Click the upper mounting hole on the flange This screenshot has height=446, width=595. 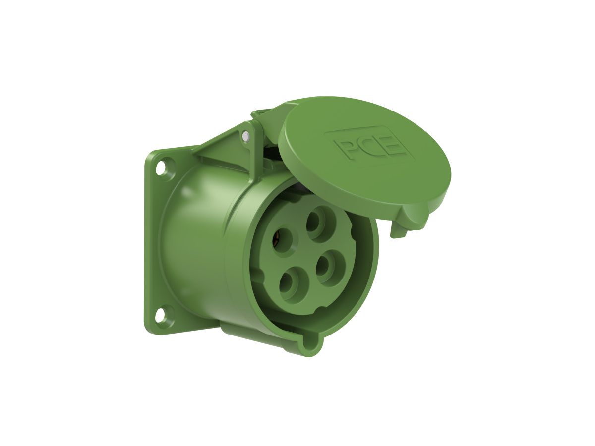[161, 168]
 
